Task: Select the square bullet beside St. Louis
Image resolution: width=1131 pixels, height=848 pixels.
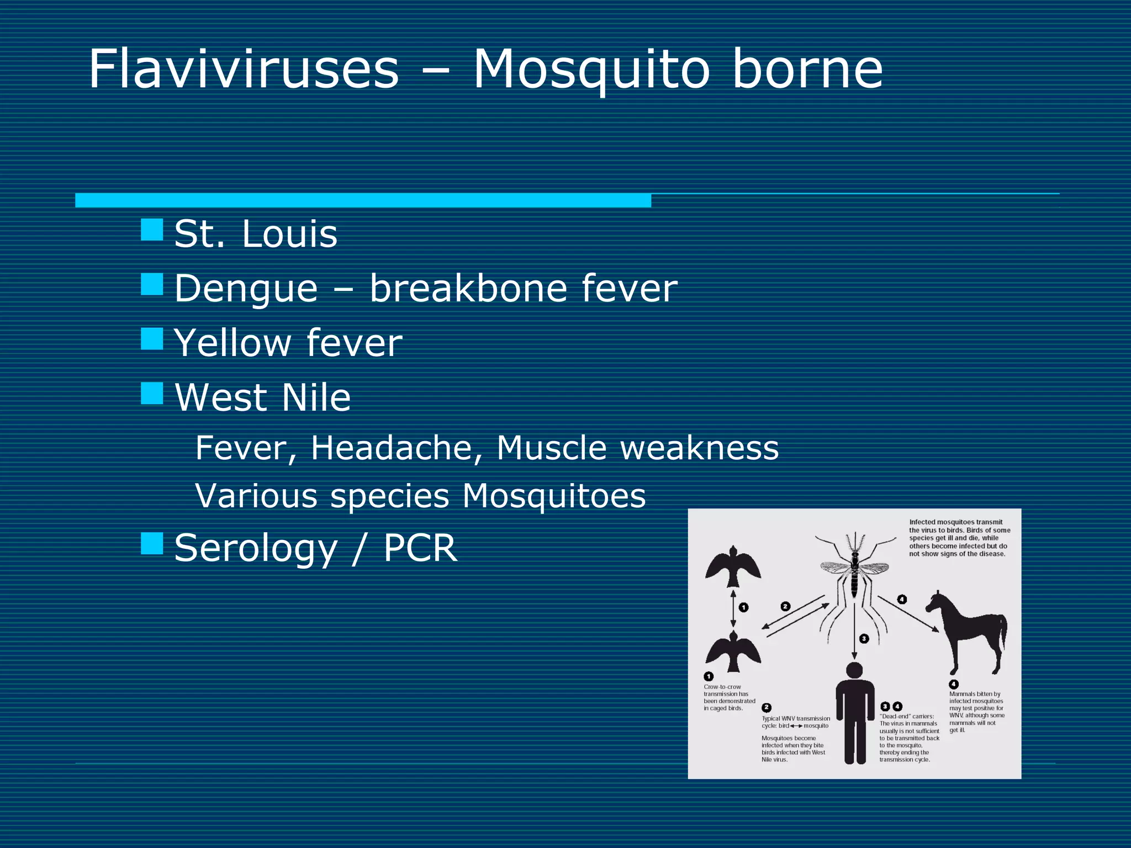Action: (x=152, y=230)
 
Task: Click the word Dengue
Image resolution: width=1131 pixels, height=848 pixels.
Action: (x=246, y=289)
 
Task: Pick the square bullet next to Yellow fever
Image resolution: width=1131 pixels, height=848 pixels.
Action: (x=152, y=339)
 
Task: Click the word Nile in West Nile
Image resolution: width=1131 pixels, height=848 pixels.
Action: (x=316, y=397)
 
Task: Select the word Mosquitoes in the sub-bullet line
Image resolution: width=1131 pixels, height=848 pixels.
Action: (x=554, y=496)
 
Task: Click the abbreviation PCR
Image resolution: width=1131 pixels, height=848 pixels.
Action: (x=420, y=548)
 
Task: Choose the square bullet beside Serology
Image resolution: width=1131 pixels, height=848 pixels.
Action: (x=152, y=543)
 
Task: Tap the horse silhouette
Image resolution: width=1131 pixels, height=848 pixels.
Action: (x=969, y=632)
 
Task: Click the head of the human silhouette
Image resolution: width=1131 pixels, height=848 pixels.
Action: (x=854, y=670)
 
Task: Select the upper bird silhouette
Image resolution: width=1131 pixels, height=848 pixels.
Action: (x=733, y=566)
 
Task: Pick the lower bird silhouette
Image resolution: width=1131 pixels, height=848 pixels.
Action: (x=733, y=651)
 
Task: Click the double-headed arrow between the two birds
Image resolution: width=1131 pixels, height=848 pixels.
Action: (x=733, y=608)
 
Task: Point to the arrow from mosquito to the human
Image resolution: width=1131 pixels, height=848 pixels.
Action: (x=854, y=629)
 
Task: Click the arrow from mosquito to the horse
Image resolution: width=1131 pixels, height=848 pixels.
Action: (x=908, y=613)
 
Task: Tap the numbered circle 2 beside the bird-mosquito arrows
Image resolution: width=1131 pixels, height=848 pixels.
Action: (x=785, y=606)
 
